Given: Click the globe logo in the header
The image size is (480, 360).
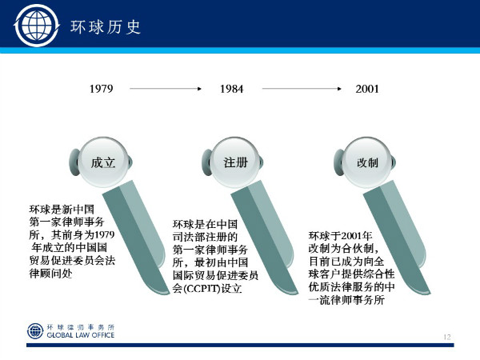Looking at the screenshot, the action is coord(37,26).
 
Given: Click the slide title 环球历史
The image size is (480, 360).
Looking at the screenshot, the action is coord(106,27).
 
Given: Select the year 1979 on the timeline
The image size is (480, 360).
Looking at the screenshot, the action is coord(102,89).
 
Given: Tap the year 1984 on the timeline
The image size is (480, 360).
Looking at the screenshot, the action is coord(232,89).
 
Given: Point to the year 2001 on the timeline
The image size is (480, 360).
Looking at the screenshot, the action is coord(367,89).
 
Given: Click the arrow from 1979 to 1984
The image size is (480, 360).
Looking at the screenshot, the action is coord(166,89).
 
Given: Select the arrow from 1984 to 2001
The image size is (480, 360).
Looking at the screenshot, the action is coord(302,89).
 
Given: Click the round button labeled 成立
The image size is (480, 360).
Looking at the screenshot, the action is coord(103,162).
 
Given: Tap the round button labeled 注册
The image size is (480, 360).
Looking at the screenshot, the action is coord(235,162).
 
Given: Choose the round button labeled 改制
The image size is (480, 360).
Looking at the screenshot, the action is coord(367,162).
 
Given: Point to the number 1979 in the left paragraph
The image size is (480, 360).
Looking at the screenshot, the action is coord(104,234).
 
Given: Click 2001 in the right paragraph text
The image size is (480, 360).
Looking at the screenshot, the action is coord(351,236).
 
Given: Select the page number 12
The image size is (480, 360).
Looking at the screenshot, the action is coord(447,337).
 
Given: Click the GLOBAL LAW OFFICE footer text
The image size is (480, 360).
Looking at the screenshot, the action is coord(81,335).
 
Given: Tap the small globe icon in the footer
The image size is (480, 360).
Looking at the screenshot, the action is coord(35,331).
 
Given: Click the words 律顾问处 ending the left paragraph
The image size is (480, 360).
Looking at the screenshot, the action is coord(51,273).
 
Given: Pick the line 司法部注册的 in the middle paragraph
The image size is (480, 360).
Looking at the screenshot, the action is coord(205,238).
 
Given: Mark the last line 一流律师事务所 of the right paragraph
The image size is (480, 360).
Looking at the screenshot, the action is coord(346,300).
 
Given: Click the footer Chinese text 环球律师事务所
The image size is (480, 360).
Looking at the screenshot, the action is coord(81,327).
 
